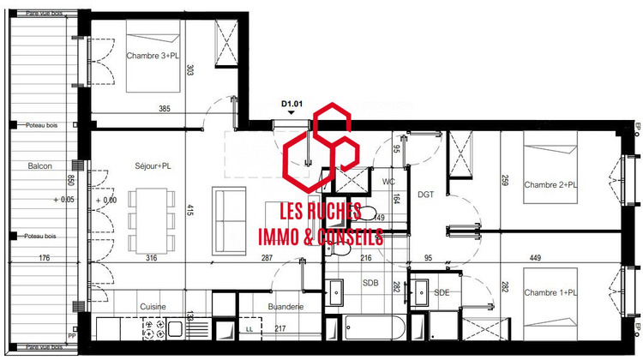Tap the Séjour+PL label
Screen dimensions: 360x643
[x=153, y=165]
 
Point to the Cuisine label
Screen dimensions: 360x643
[x=153, y=306]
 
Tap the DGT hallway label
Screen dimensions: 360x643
[x=427, y=195]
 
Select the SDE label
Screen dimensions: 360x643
[x=442, y=292]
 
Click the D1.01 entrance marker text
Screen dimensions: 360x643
[x=293, y=105]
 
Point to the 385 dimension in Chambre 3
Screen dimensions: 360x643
[x=165, y=109]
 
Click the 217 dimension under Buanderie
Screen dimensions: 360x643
[x=279, y=328]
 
